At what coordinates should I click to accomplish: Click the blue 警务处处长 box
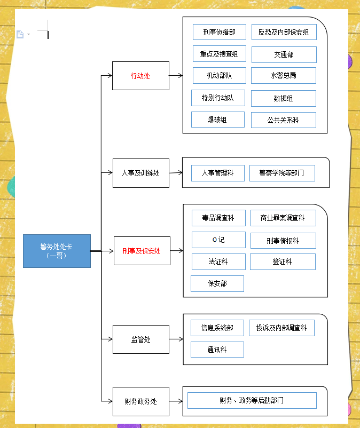[x=57, y=251]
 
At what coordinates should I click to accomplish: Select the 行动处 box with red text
[x=140, y=76]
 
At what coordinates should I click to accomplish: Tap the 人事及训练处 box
[x=140, y=173]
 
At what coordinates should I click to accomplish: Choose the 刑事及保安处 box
[x=142, y=251]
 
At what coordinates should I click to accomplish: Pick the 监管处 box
[x=140, y=339]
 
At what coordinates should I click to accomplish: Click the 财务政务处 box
[x=140, y=401]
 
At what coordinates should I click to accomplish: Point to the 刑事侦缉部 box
[x=219, y=32]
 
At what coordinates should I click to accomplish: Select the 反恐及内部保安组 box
[x=284, y=32]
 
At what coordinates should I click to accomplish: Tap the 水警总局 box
[x=283, y=75]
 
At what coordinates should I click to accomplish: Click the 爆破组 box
[x=217, y=120]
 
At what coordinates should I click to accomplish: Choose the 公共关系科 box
[x=283, y=120]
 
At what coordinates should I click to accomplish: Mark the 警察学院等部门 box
[x=282, y=173]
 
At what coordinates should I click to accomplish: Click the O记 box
[x=218, y=240]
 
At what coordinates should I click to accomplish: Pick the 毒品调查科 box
[x=218, y=218]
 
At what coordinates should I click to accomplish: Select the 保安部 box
[x=217, y=283]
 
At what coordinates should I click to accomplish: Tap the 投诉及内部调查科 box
[x=281, y=328]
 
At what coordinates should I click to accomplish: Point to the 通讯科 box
[x=217, y=350]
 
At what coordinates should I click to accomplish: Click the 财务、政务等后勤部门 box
[x=252, y=400]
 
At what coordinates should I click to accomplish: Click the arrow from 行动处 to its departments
[x=176, y=76]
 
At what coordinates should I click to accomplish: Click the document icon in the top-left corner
[x=20, y=35]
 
